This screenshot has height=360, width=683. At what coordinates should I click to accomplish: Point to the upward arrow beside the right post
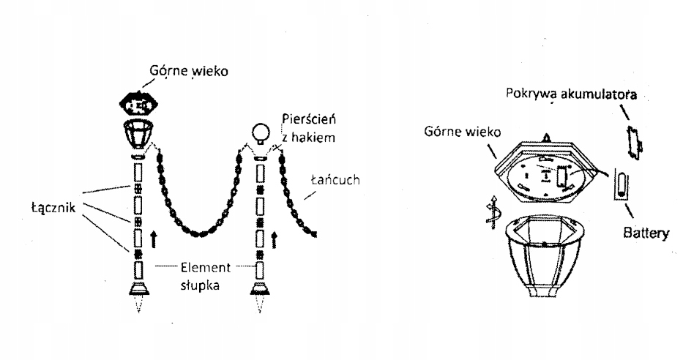[275, 237]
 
